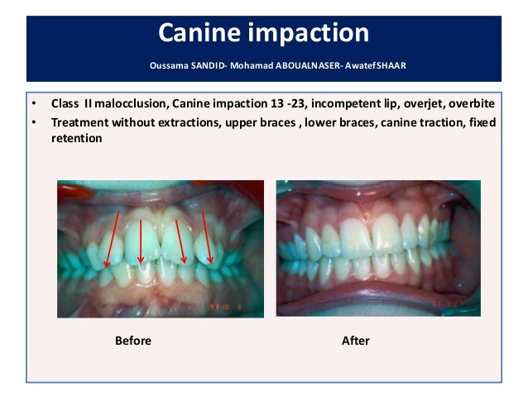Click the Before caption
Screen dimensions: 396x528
[x=132, y=341]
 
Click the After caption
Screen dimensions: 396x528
[x=355, y=341]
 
